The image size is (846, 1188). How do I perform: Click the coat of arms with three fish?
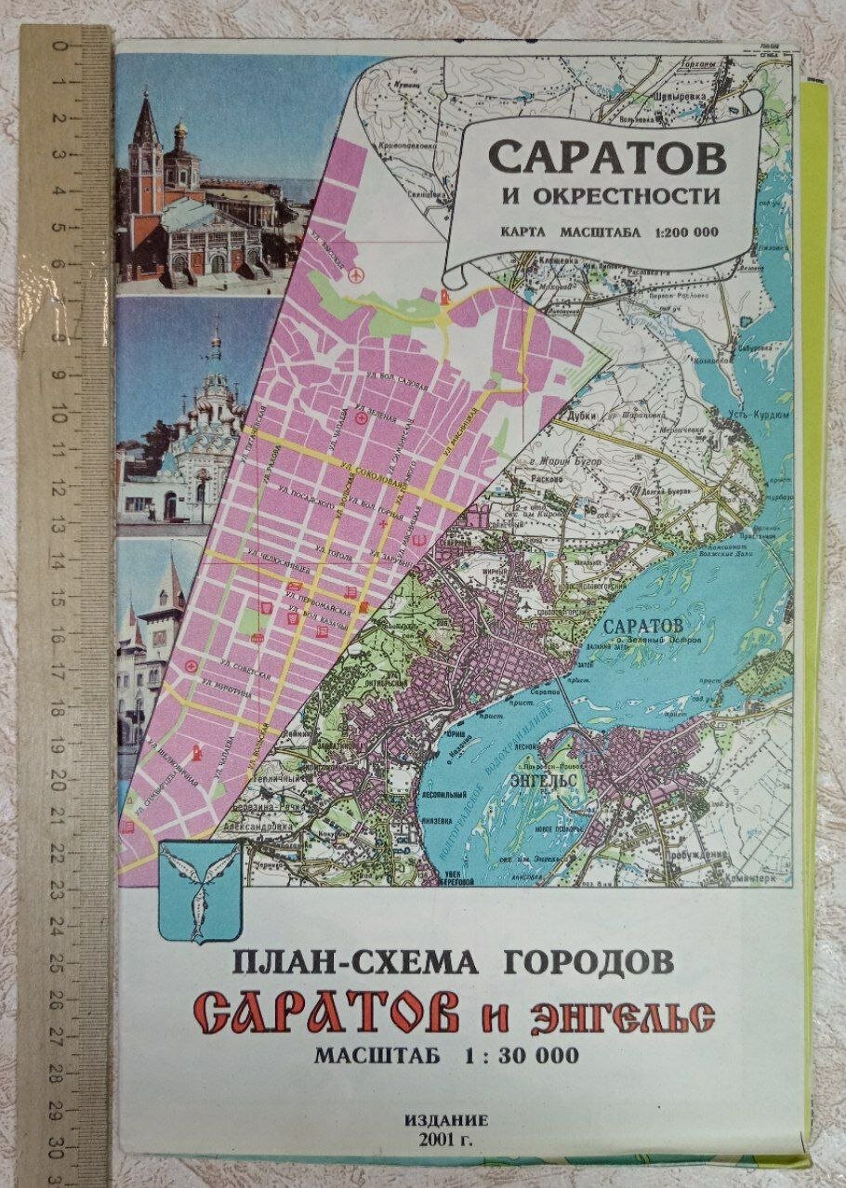point(201,891)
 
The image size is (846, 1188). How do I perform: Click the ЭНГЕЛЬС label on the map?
point(543,777)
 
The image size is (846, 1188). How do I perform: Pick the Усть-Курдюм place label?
point(754,416)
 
